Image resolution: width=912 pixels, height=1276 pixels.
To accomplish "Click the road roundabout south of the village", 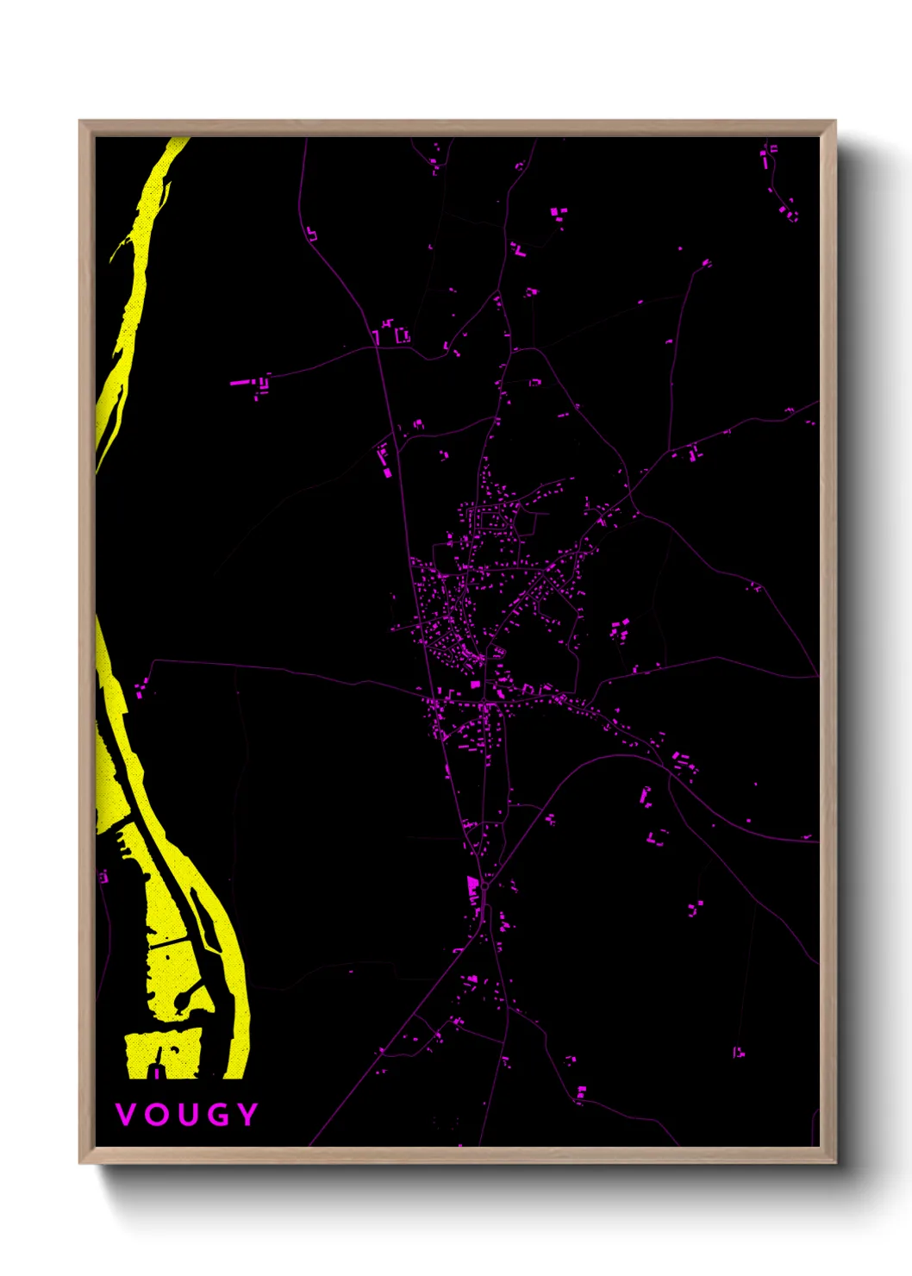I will (485, 885).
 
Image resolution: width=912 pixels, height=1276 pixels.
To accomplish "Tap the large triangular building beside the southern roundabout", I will (472, 888).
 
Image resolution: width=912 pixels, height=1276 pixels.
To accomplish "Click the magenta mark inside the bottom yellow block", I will (156, 1073).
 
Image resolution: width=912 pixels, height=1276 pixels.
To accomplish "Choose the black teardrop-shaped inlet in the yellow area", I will (184, 998).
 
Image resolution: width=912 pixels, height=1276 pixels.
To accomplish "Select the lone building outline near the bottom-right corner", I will (738, 1052).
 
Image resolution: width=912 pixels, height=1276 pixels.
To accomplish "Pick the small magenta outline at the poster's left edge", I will (103, 877).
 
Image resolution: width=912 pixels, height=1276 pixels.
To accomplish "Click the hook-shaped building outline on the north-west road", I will (311, 233).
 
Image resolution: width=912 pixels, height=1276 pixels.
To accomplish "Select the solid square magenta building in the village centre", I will (475, 685).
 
